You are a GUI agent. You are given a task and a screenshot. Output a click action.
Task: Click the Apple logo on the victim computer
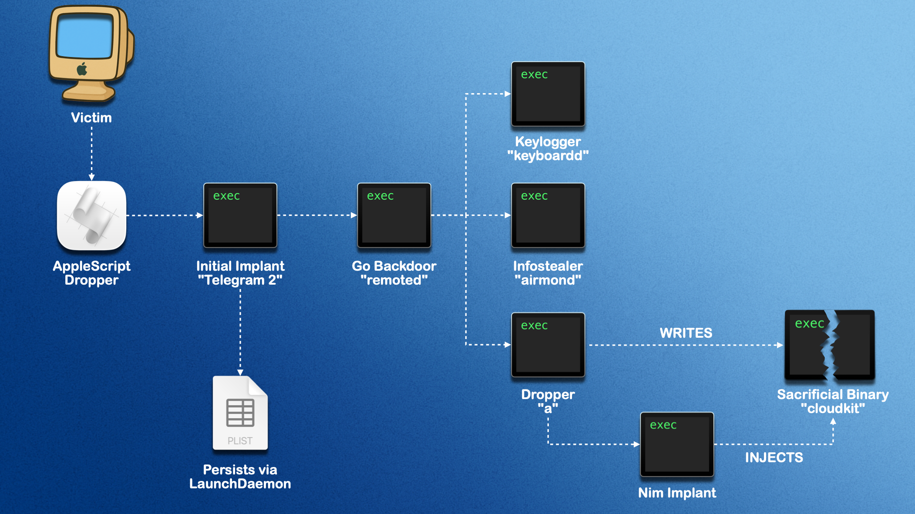82,69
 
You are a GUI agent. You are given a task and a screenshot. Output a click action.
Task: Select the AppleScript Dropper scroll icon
91,215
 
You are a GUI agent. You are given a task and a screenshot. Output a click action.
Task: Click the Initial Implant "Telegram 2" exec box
240,215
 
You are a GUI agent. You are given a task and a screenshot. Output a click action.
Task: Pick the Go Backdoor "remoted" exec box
394,215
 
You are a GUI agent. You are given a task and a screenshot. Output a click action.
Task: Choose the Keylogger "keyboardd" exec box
548,94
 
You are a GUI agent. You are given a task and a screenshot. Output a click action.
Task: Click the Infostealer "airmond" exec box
548,215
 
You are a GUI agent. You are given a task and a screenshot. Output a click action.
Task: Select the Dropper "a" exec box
548,345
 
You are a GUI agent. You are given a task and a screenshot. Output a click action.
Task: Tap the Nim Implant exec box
677,444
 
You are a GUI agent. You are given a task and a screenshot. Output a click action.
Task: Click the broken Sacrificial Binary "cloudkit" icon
830,345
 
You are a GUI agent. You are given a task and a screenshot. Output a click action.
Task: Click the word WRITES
686,333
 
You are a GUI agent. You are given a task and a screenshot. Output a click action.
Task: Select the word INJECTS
774,457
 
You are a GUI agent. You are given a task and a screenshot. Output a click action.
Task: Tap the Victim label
91,118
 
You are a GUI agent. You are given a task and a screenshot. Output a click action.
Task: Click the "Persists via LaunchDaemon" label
240,477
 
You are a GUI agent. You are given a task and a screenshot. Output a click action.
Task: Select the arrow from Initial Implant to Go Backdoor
317,215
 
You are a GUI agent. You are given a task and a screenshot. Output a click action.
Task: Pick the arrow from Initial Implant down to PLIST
240,331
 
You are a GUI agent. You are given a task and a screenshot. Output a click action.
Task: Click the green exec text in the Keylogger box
534,74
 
